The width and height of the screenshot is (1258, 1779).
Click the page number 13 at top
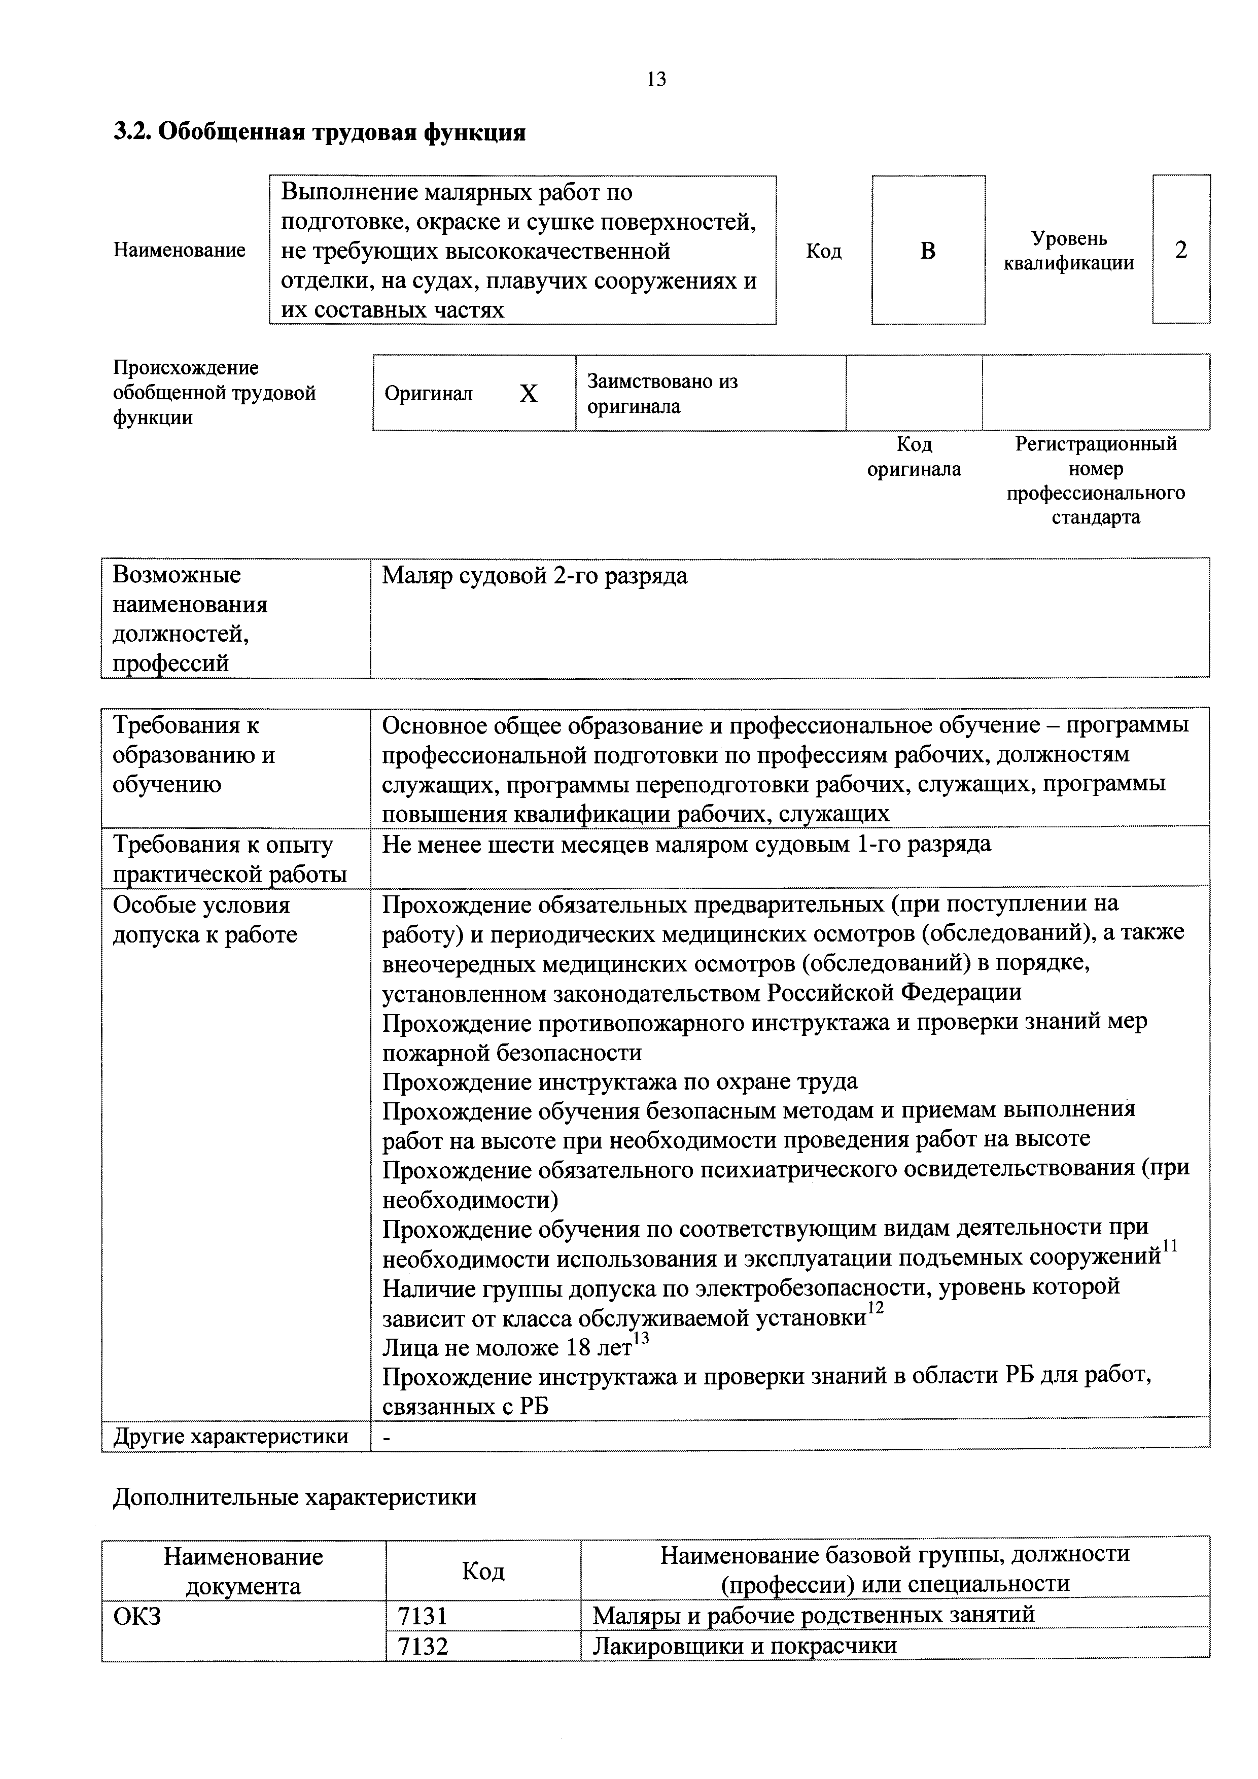pos(655,80)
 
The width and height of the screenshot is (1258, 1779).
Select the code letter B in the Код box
pos(927,250)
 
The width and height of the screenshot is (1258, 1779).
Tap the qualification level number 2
pos(1180,250)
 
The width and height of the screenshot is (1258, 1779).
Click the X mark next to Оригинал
pos(528,394)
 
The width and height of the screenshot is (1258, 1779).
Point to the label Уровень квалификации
pos(1069,250)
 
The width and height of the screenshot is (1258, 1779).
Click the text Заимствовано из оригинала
pos(662,394)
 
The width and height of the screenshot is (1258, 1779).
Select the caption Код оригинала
pos(914,457)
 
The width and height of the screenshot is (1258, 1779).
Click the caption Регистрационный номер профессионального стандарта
pos(1095,480)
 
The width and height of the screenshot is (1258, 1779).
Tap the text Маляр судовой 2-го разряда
pos(535,576)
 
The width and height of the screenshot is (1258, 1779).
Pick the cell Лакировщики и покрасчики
pos(745,1645)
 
